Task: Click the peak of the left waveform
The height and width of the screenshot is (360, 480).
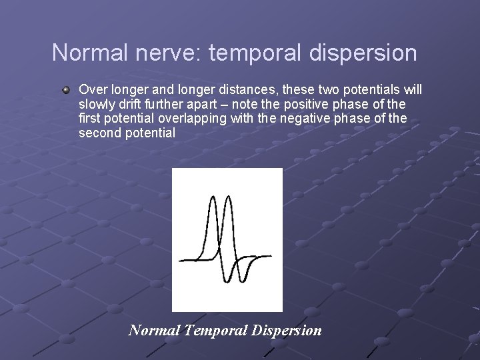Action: coord(213,198)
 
